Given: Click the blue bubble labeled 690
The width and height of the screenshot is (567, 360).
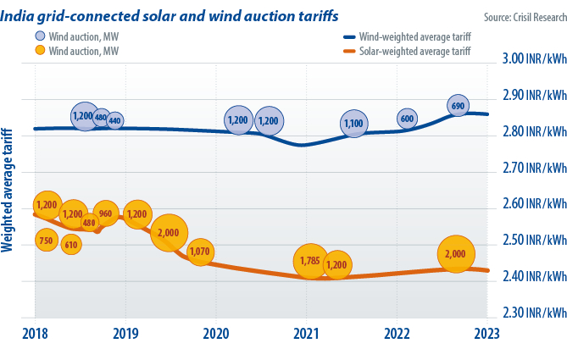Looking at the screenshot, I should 457,106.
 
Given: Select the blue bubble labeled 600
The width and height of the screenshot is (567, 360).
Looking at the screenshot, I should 407,119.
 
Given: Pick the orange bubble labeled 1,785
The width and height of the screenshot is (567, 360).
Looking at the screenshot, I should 310,261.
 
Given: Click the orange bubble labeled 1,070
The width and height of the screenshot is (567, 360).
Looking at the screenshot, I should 200,252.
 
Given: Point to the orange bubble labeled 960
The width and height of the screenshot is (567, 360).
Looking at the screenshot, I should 105,213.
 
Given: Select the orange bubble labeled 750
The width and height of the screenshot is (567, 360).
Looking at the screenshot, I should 47,241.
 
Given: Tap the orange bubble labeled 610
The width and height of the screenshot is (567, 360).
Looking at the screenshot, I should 71,245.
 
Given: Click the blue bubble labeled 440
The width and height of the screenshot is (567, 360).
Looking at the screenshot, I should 115,121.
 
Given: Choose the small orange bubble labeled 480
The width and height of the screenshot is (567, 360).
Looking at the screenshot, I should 89,223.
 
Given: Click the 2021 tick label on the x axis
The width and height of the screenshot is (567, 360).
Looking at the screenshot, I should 306,333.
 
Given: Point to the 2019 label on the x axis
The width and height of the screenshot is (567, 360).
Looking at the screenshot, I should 125,333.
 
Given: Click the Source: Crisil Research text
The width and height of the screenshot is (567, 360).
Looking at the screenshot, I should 518,16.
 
